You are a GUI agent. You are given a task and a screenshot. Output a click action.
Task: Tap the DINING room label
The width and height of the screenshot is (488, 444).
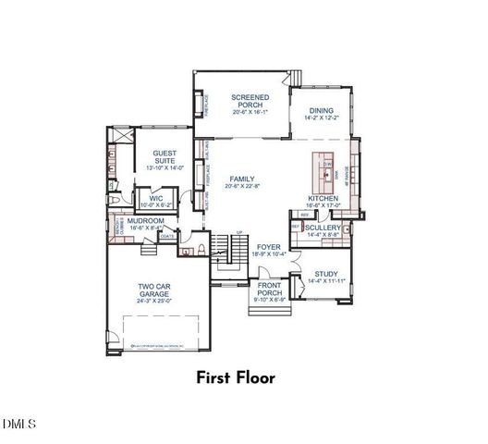[322, 109]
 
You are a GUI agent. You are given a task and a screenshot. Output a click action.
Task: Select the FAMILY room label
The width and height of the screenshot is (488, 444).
[242, 178]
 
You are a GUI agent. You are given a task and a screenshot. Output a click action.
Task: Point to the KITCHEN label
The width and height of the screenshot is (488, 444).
[323, 199]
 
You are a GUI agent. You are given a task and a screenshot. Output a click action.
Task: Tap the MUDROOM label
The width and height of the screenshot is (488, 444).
[146, 221]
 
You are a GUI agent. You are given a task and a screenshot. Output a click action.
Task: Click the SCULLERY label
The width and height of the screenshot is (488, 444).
[323, 228]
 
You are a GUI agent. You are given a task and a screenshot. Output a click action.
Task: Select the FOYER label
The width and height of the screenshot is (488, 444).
[268, 247]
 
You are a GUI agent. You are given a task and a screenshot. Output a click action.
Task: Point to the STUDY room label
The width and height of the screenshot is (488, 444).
[323, 274]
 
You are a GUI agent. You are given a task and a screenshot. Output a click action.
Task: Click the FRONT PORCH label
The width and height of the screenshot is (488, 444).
[270, 289]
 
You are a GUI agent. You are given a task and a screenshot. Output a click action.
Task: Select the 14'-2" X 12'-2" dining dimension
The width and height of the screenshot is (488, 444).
[322, 118]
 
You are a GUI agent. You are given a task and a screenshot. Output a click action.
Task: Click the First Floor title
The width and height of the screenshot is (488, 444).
[243, 377]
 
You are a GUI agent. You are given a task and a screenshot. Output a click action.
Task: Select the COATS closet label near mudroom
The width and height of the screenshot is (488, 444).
[167, 236]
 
